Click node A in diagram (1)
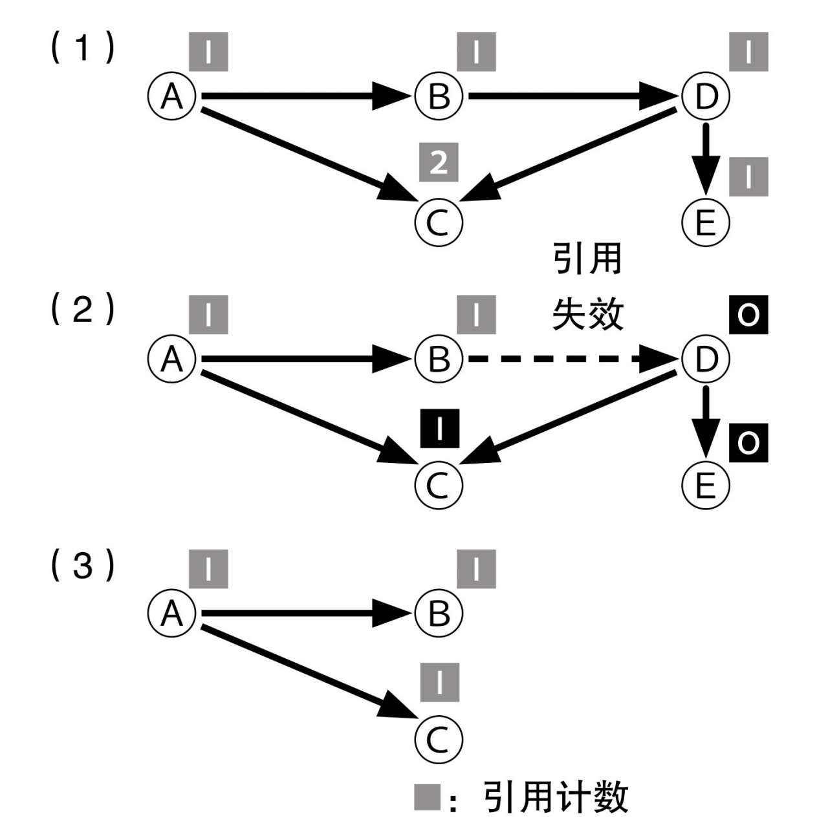pyautogui.click(x=171, y=97)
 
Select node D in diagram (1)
pyautogui.click(x=706, y=97)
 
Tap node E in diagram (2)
pyautogui.click(x=706, y=484)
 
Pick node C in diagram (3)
pyautogui.click(x=439, y=739)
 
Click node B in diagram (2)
pyautogui.click(x=439, y=358)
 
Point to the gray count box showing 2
pyautogui.click(x=439, y=162)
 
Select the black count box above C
pyautogui.click(x=439, y=429)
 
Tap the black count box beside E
pyautogui.click(x=748, y=443)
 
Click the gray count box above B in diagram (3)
pyautogui.click(x=476, y=569)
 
